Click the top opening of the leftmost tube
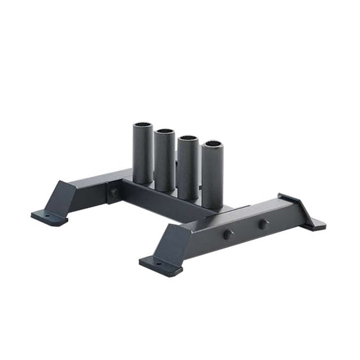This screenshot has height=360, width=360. click(143, 125)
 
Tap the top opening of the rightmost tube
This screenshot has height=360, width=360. click(211, 144)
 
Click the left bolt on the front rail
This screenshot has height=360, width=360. click(228, 234)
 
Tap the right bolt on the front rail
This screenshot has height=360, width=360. click(262, 224)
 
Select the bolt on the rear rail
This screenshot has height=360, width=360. click(114, 193)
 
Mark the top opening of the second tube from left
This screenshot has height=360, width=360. click(165, 131)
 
